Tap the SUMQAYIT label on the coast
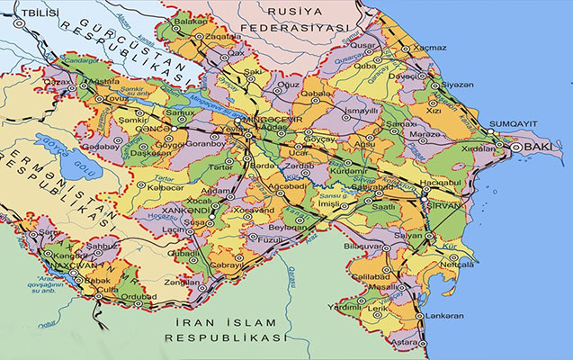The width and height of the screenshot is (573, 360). point(515,123)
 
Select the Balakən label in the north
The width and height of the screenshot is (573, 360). point(190,21)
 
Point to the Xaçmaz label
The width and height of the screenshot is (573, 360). point(429,46)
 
